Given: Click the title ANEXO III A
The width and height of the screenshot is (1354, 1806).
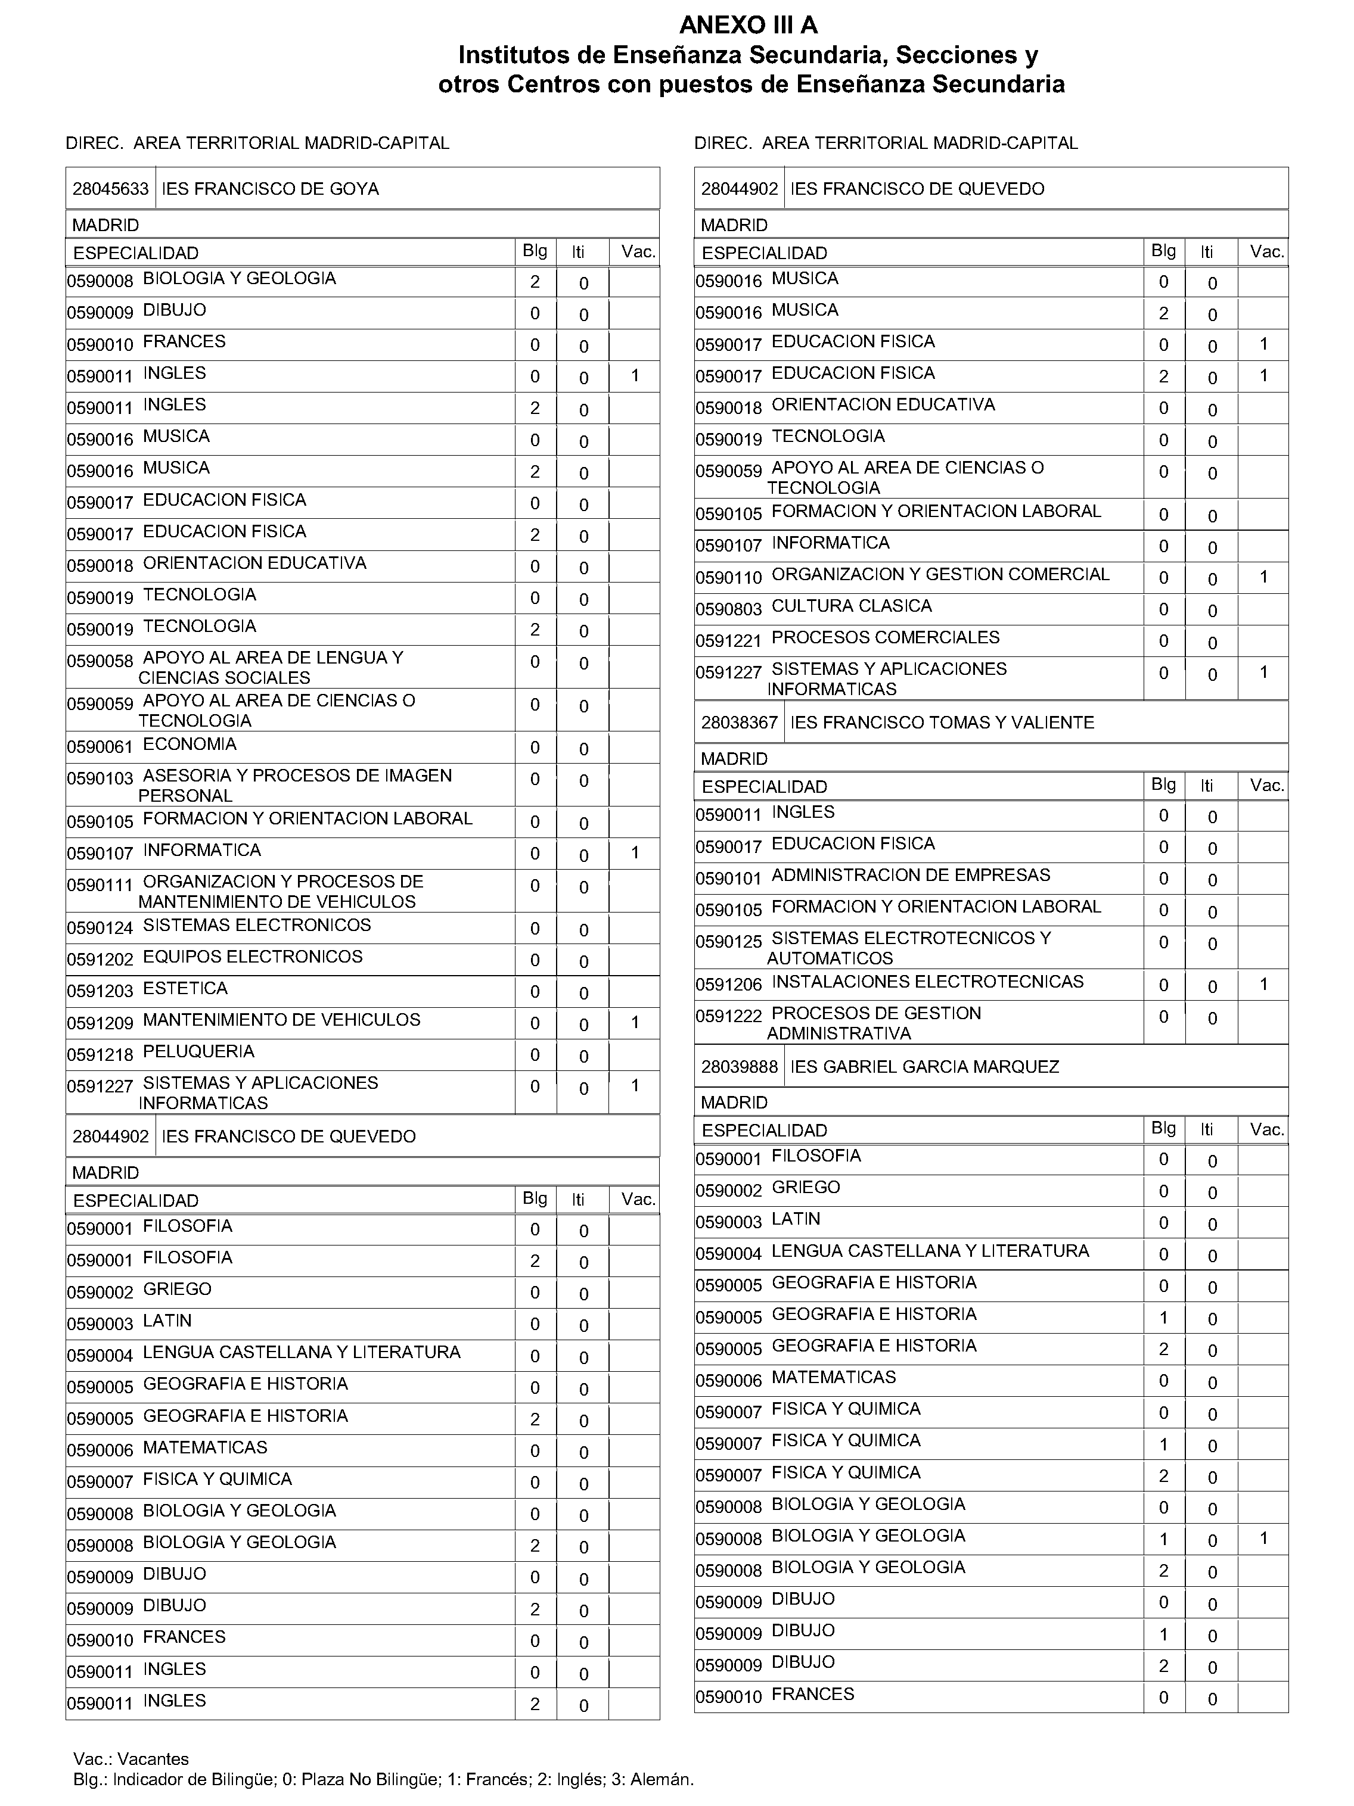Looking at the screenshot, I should [x=748, y=25].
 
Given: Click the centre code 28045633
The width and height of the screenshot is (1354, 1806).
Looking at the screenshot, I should [x=110, y=189].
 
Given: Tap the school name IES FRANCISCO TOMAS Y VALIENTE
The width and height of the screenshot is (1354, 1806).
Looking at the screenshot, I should [x=942, y=723].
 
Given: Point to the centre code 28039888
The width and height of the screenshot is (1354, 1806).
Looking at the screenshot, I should [x=739, y=1066].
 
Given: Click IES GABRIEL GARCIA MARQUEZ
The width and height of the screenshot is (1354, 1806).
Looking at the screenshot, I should [x=924, y=1066].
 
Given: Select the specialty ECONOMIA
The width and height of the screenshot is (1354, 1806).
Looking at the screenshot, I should [x=190, y=745].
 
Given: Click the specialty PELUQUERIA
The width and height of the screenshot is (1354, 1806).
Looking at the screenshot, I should [x=198, y=1051].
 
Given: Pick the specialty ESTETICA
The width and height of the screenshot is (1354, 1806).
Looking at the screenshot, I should [x=185, y=989].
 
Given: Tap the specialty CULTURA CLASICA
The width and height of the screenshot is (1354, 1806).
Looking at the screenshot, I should [x=851, y=606].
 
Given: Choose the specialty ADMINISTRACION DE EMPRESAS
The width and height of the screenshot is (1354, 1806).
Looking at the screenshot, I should [x=911, y=875].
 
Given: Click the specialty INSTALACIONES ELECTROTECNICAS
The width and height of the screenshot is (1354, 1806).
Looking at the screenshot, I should [x=927, y=982].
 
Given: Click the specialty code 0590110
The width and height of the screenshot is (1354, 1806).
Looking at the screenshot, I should [x=728, y=578].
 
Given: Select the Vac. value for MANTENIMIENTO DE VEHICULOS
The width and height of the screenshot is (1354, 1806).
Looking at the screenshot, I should [x=635, y=1022].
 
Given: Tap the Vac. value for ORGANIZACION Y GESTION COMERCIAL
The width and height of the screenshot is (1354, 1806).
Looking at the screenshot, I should [x=1263, y=577].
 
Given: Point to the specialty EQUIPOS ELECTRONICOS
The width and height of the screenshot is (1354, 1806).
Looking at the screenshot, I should [x=252, y=957].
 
